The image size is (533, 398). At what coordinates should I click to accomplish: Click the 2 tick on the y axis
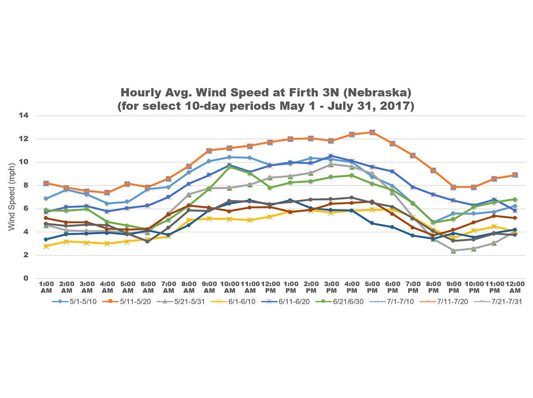click(x=26, y=255)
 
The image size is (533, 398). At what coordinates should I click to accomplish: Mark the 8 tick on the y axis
click(x=26, y=185)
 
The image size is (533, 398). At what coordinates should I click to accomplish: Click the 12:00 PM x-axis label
click(x=270, y=287)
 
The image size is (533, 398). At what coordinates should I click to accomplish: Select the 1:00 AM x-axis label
click(x=46, y=287)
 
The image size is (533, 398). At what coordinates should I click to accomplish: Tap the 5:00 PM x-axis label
click(x=372, y=287)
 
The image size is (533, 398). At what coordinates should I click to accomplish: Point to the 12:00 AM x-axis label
click(x=515, y=287)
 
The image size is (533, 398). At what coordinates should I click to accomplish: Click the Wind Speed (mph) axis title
click(x=12, y=197)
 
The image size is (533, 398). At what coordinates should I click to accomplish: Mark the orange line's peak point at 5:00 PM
click(x=372, y=132)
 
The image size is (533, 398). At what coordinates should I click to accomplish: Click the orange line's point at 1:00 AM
click(x=46, y=183)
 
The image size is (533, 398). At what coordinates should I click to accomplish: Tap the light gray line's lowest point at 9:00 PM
click(x=453, y=250)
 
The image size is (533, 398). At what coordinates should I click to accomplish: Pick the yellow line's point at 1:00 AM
click(x=46, y=246)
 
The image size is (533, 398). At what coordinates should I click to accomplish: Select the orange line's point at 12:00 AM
click(x=515, y=175)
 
